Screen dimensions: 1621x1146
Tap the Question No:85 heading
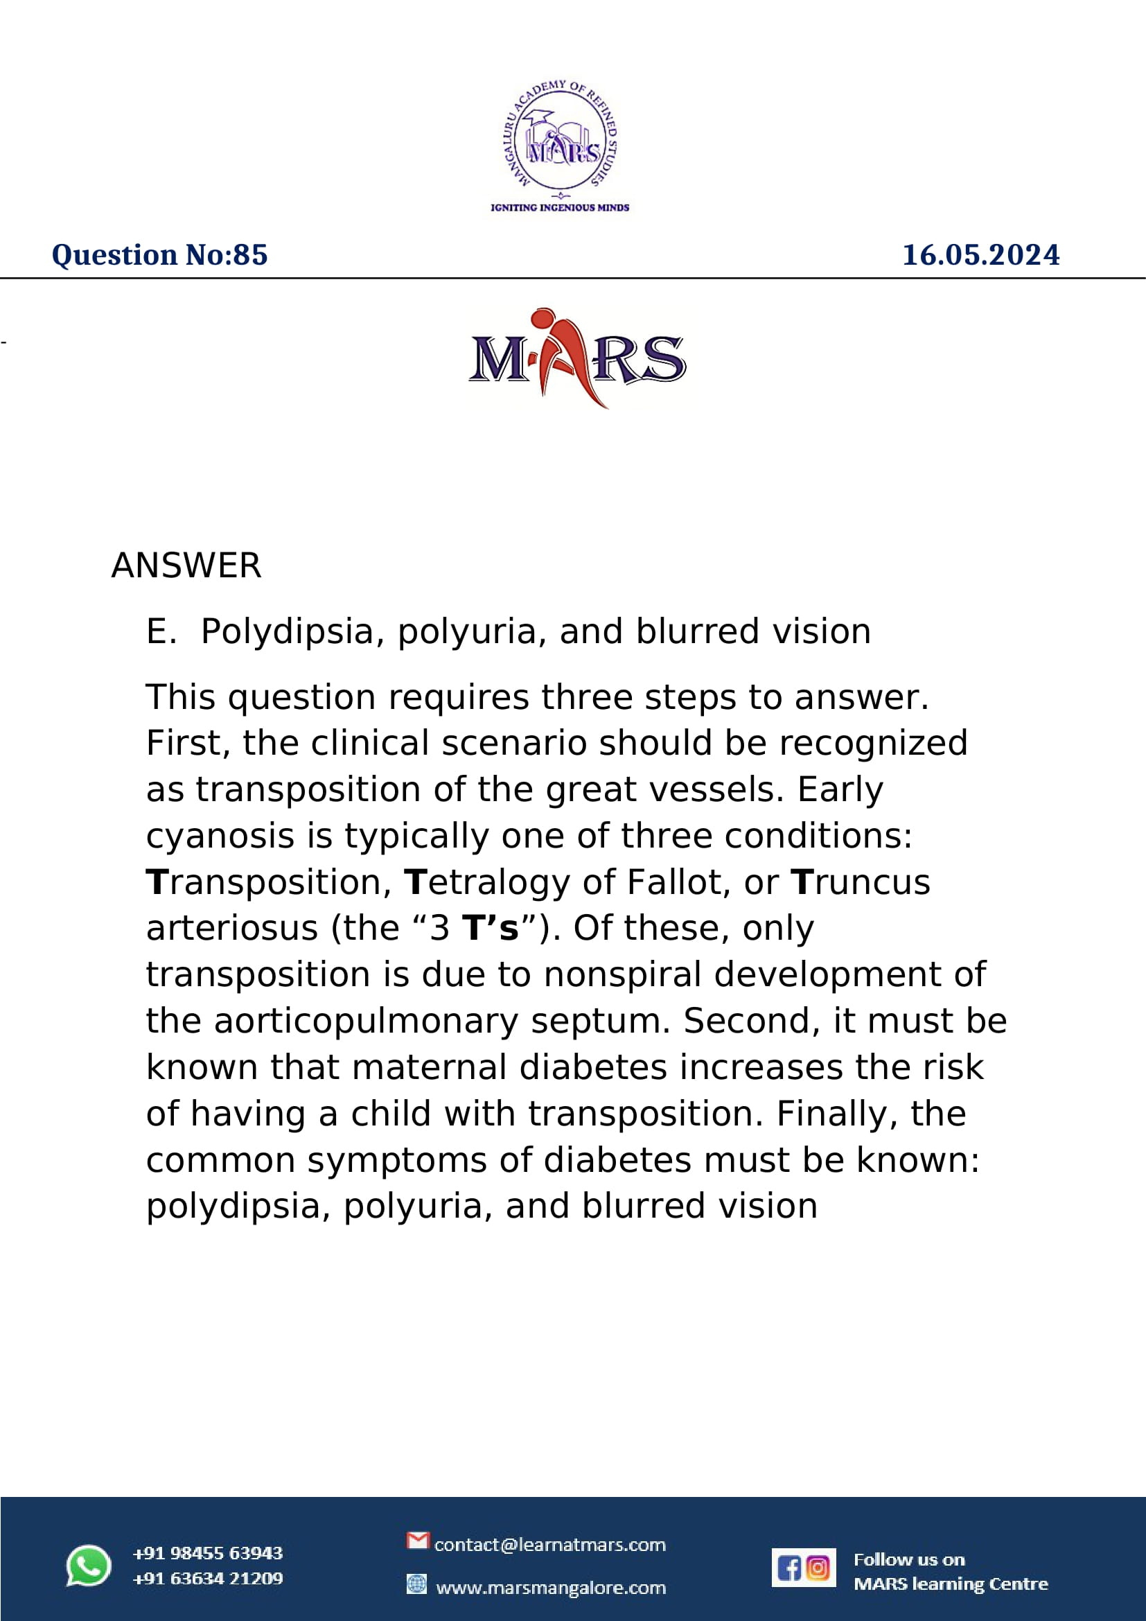point(159,255)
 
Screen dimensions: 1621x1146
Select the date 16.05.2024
point(980,255)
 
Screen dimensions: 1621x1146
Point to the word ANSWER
point(186,566)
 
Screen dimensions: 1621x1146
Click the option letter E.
point(160,631)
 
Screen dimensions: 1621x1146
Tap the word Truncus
point(861,882)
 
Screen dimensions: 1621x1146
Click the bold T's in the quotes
point(490,929)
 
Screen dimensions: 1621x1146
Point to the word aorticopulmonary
point(367,1021)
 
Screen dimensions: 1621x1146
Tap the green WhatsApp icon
point(88,1566)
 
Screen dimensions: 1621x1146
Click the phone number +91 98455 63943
point(207,1553)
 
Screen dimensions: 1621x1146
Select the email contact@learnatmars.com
point(549,1545)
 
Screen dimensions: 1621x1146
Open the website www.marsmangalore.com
point(551,1588)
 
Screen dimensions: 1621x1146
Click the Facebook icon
point(788,1568)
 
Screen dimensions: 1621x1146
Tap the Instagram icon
point(818,1568)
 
